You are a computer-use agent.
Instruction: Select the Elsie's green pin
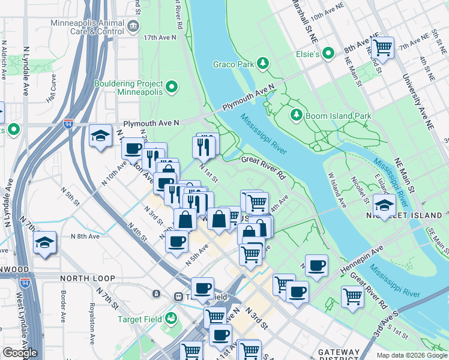click(x=328, y=54)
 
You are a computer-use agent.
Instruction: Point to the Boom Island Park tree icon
click(x=295, y=114)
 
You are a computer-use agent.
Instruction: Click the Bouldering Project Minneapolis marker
click(x=172, y=88)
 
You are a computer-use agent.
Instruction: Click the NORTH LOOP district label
click(x=85, y=279)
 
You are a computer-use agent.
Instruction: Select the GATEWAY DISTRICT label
click(x=339, y=352)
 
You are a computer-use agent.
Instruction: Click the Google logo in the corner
click(x=20, y=353)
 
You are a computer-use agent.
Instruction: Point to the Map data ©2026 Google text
click(x=412, y=355)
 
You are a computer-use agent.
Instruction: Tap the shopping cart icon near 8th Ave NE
click(x=382, y=47)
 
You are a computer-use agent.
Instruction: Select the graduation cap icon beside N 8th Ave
click(x=45, y=242)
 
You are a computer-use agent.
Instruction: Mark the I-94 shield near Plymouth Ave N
click(x=68, y=124)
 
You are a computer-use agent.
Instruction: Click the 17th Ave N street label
click(x=160, y=37)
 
